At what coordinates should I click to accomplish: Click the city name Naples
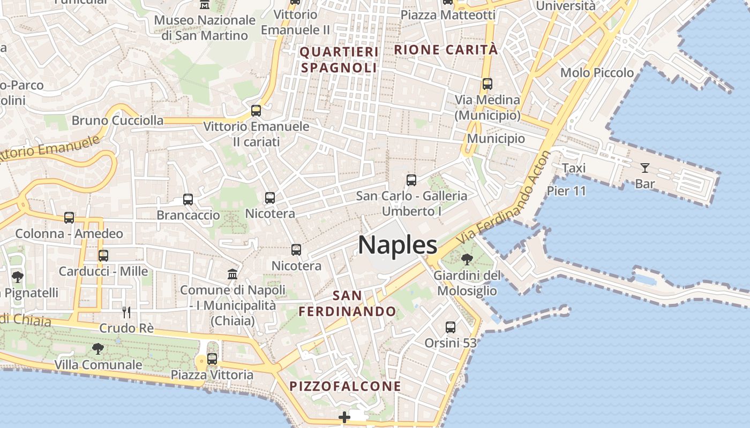[397, 245]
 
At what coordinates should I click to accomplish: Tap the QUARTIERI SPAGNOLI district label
[339, 60]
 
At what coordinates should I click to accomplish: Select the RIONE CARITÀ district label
[446, 50]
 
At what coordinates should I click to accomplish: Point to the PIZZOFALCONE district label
[345, 386]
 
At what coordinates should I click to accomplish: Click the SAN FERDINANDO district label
[347, 303]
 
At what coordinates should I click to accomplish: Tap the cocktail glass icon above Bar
[645, 168]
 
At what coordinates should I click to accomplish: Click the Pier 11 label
[566, 191]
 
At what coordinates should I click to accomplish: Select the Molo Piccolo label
[597, 72]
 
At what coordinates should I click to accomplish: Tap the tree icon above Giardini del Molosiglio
[467, 259]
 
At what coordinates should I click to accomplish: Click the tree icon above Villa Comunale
[98, 349]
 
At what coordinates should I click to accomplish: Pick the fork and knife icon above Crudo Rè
[126, 312]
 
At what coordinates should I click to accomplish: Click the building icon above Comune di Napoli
[232, 274]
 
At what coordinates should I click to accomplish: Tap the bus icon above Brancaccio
[188, 200]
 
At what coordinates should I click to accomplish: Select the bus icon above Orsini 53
[451, 327]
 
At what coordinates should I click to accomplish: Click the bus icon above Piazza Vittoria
[212, 358]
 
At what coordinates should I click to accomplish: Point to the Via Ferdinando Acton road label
[504, 196]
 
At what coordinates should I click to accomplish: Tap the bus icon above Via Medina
[487, 84]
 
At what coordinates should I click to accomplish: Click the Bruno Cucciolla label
[117, 120]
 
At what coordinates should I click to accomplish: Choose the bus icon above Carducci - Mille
[103, 256]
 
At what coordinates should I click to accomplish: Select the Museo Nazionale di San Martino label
[205, 28]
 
